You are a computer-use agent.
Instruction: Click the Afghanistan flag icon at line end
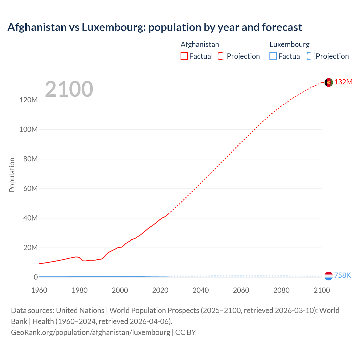point(328,82)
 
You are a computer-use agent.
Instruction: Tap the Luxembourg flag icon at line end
point(328,276)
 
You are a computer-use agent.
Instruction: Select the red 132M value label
point(343,82)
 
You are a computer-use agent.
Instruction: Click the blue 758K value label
point(342,275)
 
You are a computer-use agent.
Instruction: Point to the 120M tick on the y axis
point(28,100)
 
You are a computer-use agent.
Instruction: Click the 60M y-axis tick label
point(30,188)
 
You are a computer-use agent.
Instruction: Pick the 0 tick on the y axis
point(36,277)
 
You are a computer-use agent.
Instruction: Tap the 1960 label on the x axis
point(39,290)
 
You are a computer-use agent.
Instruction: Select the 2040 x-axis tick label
point(201,290)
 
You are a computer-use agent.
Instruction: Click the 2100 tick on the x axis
point(321,290)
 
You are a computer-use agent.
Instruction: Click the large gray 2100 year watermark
point(69,89)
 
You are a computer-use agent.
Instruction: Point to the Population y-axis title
point(12,175)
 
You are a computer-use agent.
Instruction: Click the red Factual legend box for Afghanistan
point(184,56)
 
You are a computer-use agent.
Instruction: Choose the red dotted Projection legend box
point(222,56)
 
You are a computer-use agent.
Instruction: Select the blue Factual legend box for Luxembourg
point(273,56)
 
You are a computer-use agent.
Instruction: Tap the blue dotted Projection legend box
point(310,56)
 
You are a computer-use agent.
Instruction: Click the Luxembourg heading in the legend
point(289,44)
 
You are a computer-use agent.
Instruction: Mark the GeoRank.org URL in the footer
point(91,332)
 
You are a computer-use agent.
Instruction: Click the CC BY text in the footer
point(186,332)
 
